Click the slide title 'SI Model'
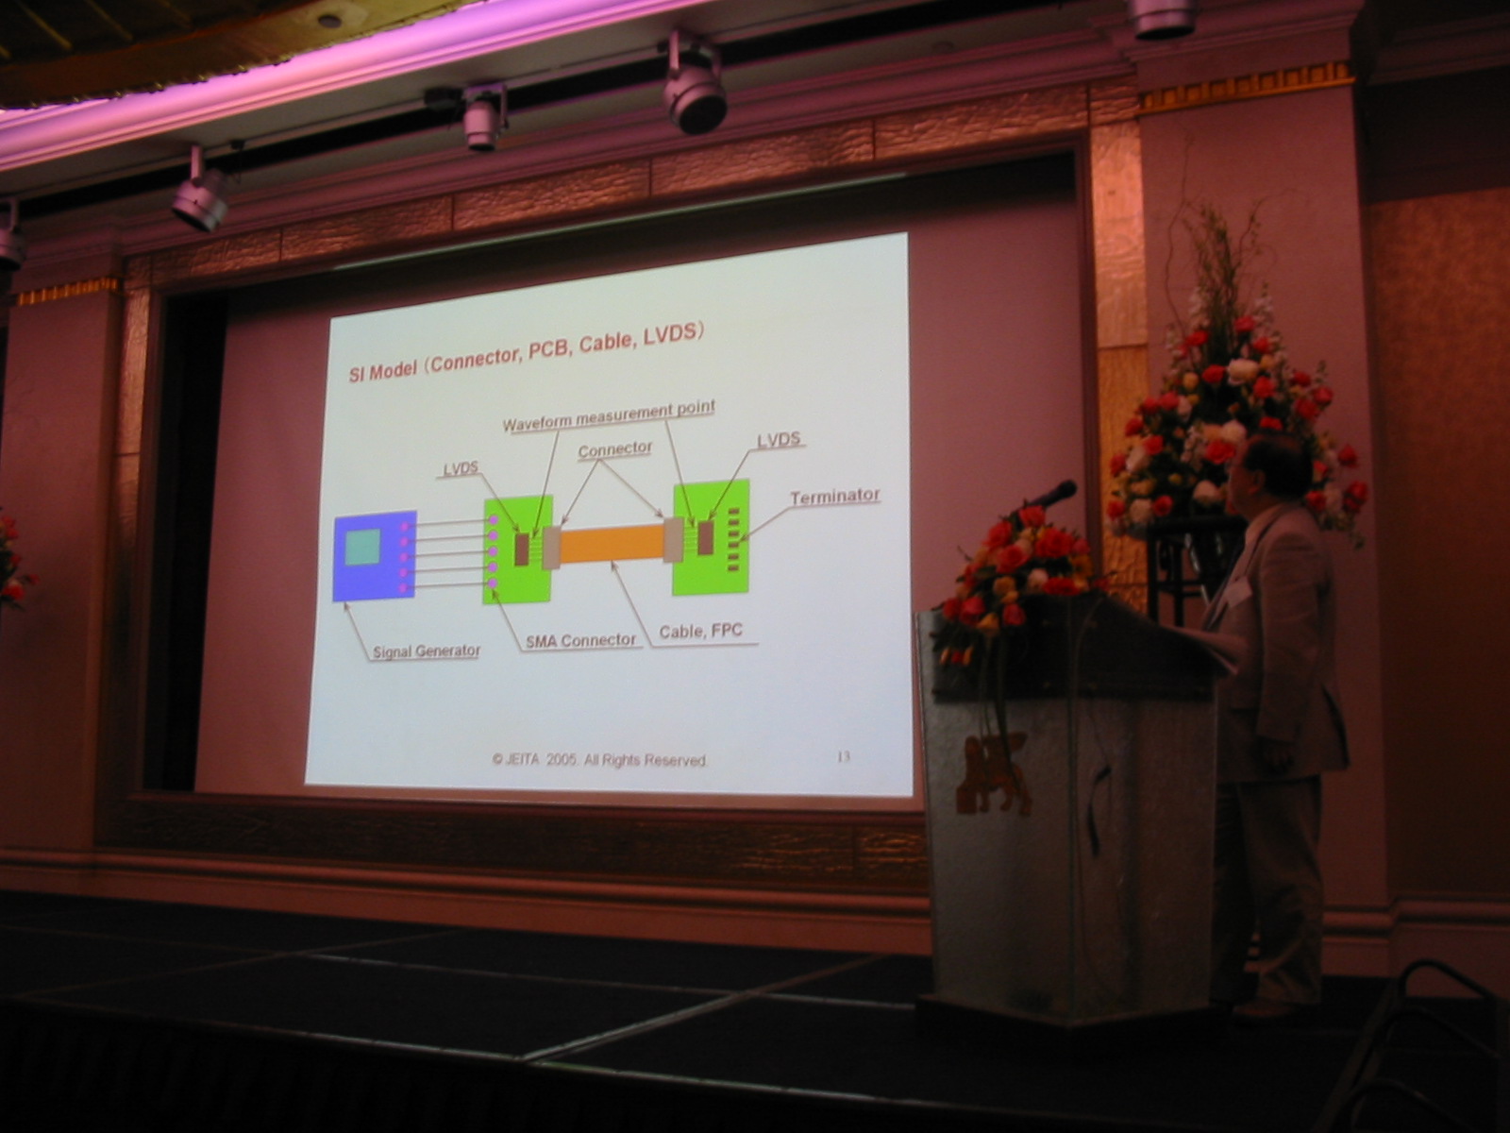click(382, 371)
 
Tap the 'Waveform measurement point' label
click(609, 416)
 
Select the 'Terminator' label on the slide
click(834, 497)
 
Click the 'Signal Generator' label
click(427, 651)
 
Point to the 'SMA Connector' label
click(580, 640)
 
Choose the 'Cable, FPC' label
click(700, 631)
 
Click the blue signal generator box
click(375, 556)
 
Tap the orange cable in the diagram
click(612, 543)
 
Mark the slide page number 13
click(844, 756)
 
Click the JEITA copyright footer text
click(600, 759)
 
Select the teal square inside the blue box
click(361, 547)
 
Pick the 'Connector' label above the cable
click(614, 450)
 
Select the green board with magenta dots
click(517, 550)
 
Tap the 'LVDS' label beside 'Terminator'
click(779, 440)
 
